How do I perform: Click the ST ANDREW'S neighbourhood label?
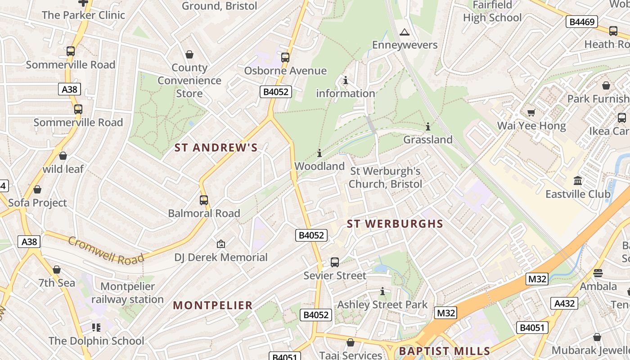[x=216, y=148]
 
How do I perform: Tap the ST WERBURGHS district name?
[x=395, y=224]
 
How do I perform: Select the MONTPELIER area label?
[x=213, y=305]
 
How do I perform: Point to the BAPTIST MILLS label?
[x=445, y=351]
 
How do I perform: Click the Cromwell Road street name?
[x=106, y=251]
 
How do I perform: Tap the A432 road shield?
[x=564, y=303]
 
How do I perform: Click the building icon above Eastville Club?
[x=578, y=181]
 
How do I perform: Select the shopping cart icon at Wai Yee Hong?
[x=531, y=112]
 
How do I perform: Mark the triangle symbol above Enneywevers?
[x=405, y=32]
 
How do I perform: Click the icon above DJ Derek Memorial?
[x=220, y=244]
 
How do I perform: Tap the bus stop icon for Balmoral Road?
[x=204, y=200]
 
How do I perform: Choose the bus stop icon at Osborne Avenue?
[x=285, y=58]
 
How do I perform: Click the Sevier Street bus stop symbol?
[x=334, y=262]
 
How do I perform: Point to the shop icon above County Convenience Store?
[x=189, y=54]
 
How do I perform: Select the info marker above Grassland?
[x=427, y=126]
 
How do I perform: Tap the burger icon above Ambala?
[x=598, y=273]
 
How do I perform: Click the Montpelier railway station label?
[x=127, y=293]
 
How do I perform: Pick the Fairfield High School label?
[x=492, y=11]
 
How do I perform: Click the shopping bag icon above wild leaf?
[x=63, y=156]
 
